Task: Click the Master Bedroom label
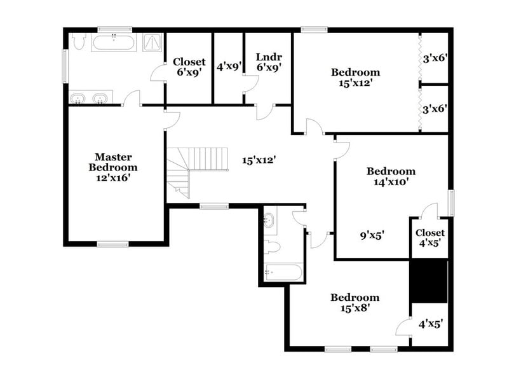112,167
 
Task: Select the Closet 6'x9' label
189,67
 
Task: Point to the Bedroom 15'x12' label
355,77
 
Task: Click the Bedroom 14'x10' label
391,176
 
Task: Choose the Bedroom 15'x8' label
355,302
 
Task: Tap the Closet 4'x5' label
429,237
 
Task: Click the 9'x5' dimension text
372,236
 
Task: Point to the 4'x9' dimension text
229,66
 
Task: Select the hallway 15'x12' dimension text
259,160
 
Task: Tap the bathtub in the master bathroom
114,43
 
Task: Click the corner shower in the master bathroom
152,42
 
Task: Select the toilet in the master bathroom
79,42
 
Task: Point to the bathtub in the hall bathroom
282,272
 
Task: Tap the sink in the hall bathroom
269,220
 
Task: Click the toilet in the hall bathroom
272,246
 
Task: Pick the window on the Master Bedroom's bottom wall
112,244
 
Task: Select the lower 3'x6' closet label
435,109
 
